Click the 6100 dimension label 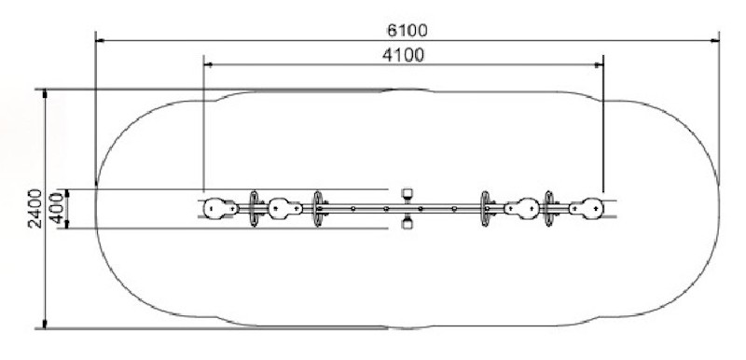point(408,31)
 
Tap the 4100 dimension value point(404,55)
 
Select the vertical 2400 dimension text point(35,208)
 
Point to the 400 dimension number point(57,208)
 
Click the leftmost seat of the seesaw point(220,209)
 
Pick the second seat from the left point(285,208)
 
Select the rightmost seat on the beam point(587,208)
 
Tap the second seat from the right point(522,208)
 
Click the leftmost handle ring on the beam point(254,209)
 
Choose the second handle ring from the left point(317,209)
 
